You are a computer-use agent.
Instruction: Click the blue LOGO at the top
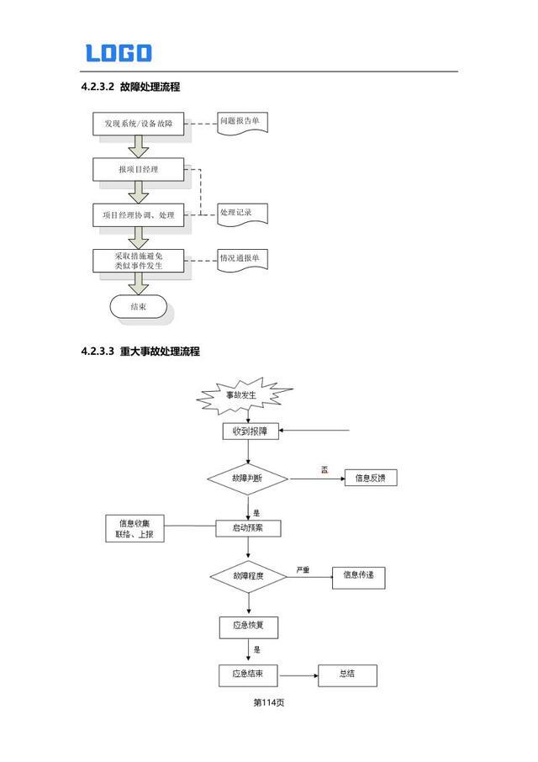pyautogui.click(x=119, y=53)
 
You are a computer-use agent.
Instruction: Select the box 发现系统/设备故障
pyautogui.click(x=139, y=124)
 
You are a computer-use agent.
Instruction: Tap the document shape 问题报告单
pyautogui.click(x=242, y=122)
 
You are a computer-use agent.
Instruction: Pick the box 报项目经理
pyautogui.click(x=139, y=170)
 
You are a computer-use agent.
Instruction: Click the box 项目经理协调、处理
pyautogui.click(x=139, y=215)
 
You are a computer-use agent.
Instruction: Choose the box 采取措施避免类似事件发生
pyautogui.click(x=139, y=260)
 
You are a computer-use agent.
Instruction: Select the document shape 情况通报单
pyautogui.click(x=242, y=258)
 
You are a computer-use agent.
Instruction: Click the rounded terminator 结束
pyautogui.click(x=139, y=307)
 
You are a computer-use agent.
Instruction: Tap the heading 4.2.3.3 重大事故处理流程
pyautogui.click(x=140, y=352)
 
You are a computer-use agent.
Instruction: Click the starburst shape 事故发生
pyautogui.click(x=244, y=394)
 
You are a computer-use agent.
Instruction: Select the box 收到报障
pyautogui.click(x=248, y=431)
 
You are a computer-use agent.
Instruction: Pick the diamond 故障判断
pyautogui.click(x=248, y=478)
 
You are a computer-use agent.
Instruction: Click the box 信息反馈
pyautogui.click(x=370, y=478)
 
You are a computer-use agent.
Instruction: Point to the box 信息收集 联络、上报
pyautogui.click(x=135, y=528)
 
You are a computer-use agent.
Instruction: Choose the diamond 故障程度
pyautogui.click(x=248, y=576)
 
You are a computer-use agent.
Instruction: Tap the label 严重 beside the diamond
pyautogui.click(x=303, y=570)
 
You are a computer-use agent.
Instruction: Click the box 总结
pyautogui.click(x=346, y=675)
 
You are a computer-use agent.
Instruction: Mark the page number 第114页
pyautogui.click(x=269, y=702)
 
